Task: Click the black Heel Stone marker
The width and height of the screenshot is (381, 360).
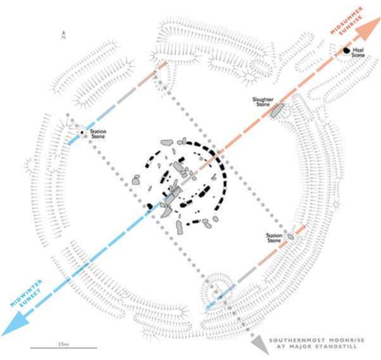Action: coord(346,50)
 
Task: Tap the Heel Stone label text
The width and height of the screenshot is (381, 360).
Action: coord(358,52)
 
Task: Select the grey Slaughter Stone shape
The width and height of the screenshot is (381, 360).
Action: coord(277,111)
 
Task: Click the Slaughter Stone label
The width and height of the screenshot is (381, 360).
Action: coord(261,102)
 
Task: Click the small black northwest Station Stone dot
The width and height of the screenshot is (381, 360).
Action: coord(82,132)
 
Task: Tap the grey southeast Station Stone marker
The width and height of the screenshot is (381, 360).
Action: coord(290,237)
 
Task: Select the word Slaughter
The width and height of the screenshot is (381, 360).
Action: coord(261,99)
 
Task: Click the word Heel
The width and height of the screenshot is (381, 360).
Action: coord(358,49)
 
